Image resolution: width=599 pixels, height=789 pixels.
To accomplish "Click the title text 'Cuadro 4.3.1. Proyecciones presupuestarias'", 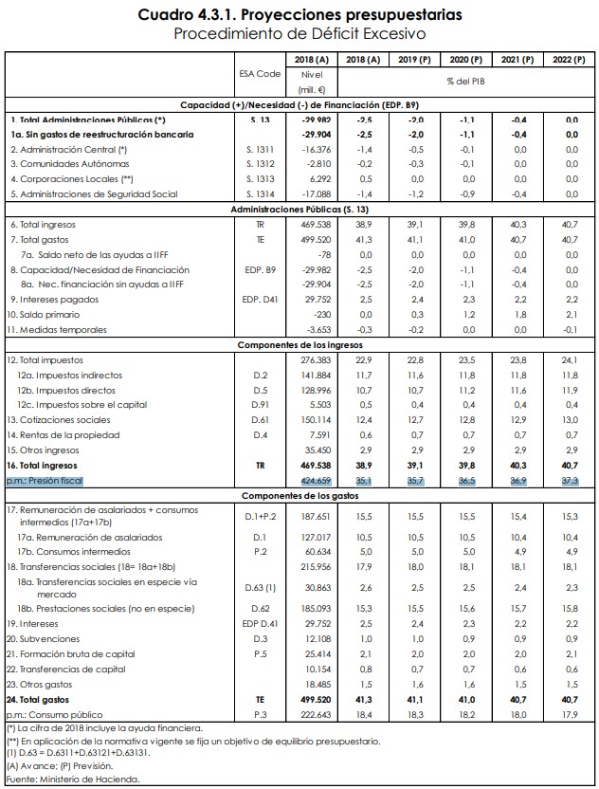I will [x=299, y=15].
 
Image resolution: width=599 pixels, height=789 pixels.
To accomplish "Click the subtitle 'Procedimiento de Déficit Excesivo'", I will [x=299, y=34].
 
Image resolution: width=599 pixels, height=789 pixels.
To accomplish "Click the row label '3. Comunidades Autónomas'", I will [x=63, y=163].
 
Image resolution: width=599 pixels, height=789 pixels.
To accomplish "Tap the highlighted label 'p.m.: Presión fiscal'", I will [x=45, y=482].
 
